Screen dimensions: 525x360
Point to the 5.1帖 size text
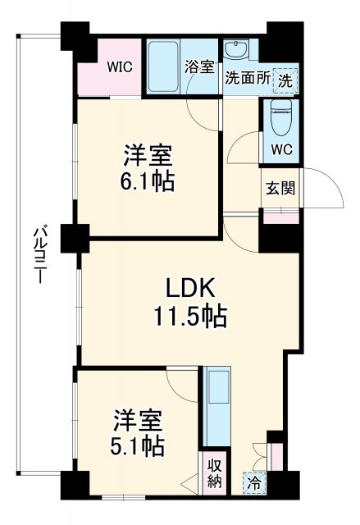point(139,446)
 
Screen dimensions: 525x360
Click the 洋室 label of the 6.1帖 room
point(149,153)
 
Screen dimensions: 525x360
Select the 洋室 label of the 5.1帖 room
point(139,420)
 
